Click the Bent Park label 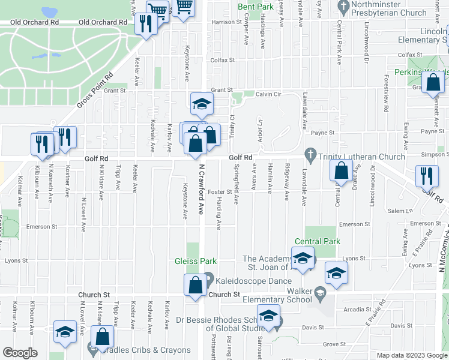[x=255, y=7]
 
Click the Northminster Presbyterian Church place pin [x=344, y=8]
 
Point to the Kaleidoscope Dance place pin [x=208, y=278]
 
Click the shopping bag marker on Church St [x=196, y=286]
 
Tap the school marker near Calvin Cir [x=202, y=104]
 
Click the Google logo [x=20, y=353]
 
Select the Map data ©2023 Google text [x=411, y=355]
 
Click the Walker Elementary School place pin [x=321, y=294]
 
